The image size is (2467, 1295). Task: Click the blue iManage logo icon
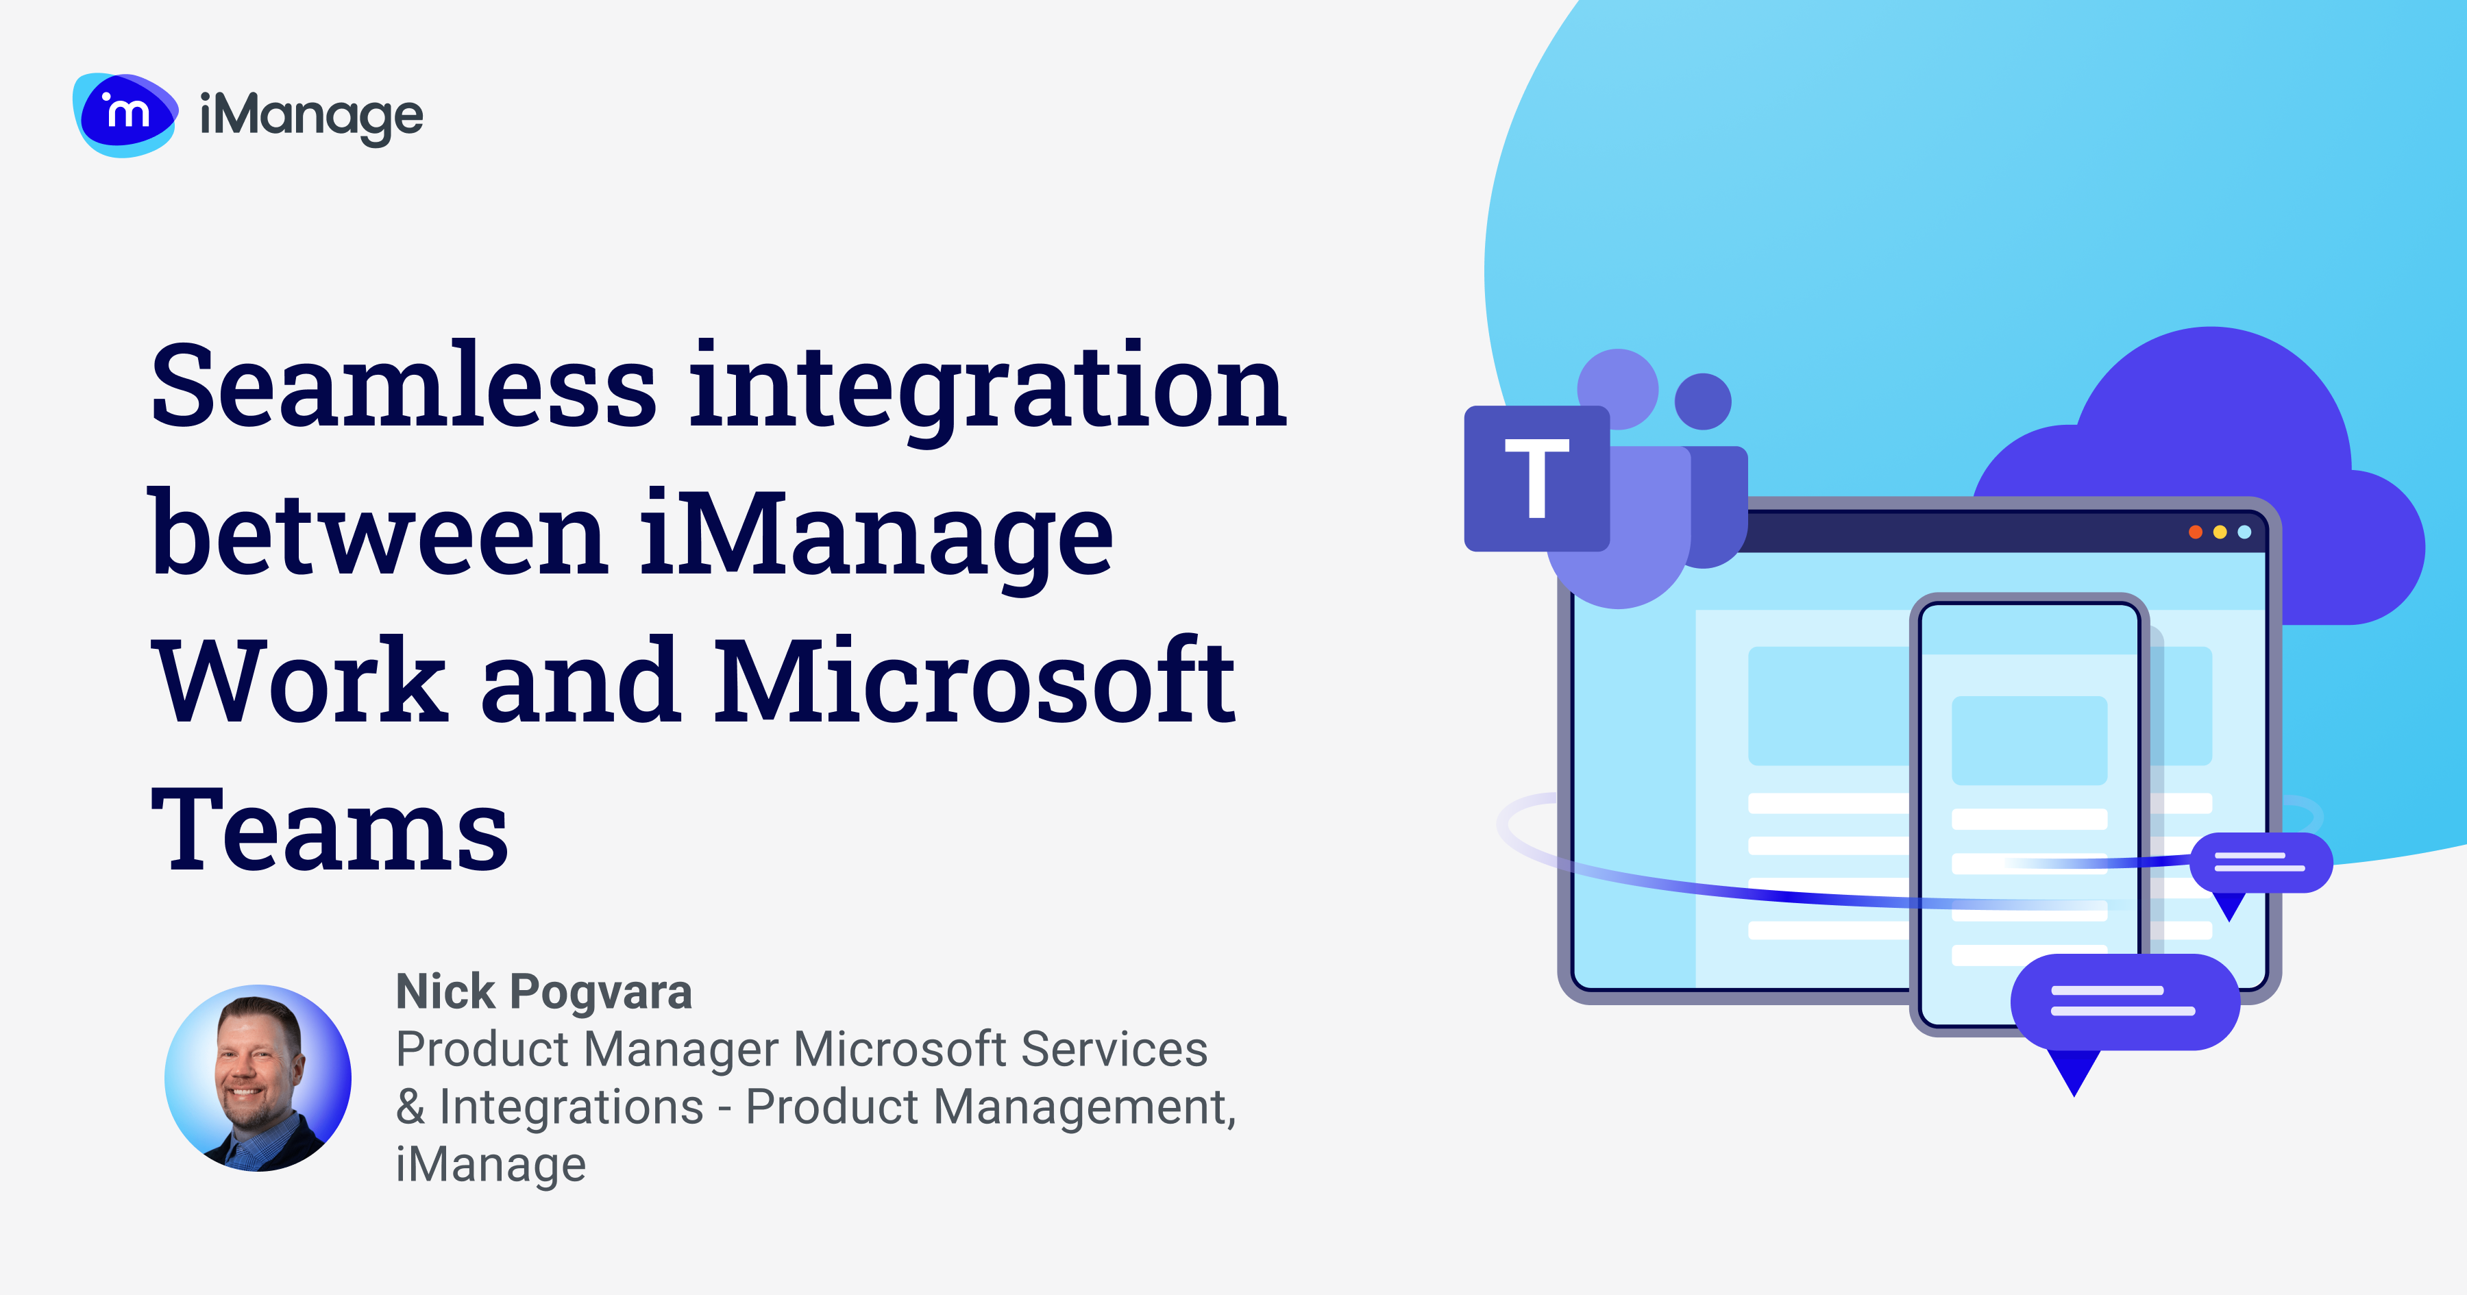click(x=125, y=115)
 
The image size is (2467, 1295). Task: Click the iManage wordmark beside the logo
click(x=311, y=118)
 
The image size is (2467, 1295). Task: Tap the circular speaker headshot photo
click(x=258, y=1078)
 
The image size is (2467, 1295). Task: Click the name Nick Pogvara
click(x=543, y=991)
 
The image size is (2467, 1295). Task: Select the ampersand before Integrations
click(x=410, y=1107)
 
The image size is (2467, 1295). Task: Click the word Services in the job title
click(x=1113, y=1049)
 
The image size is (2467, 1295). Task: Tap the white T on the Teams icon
click(x=1537, y=477)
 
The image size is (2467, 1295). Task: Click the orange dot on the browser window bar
click(x=2195, y=532)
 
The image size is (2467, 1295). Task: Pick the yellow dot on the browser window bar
click(x=2220, y=532)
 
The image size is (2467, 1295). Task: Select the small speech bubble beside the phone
click(x=2260, y=863)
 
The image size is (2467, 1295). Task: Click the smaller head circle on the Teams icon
click(x=1703, y=400)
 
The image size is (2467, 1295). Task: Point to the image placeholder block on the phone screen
click(x=2029, y=741)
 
